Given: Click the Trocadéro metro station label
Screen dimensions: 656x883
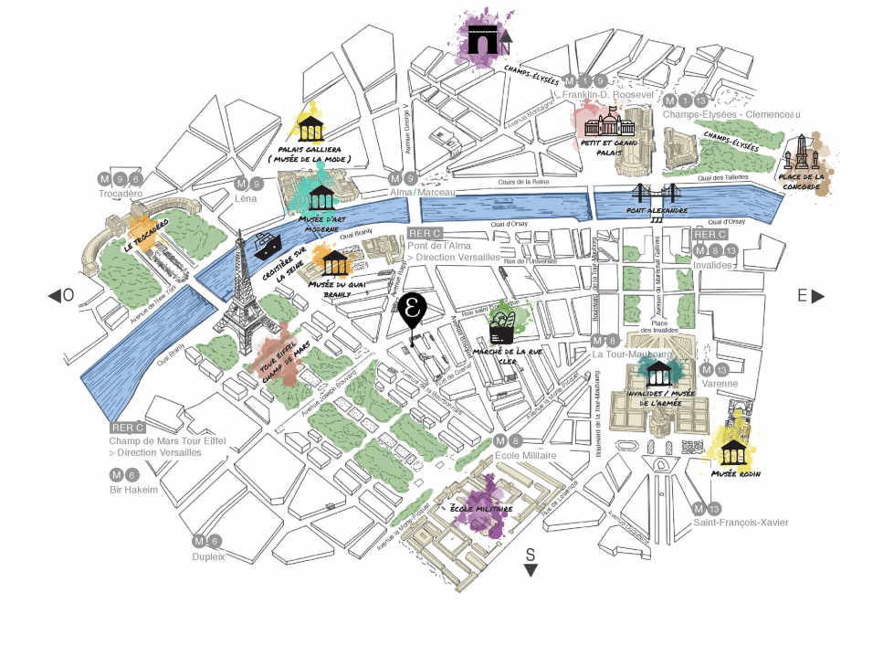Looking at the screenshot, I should coord(121,194).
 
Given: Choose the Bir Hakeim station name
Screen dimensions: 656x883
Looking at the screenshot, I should coord(133,490).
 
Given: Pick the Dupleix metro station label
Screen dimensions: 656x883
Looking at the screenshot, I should coord(208,555).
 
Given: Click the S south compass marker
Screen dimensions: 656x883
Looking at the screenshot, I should coord(531,562).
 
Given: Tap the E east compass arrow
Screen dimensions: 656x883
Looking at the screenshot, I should coord(809,295).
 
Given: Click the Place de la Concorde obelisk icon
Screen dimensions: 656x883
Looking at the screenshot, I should coord(801,153).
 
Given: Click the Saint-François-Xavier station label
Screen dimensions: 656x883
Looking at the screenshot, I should coord(740,523).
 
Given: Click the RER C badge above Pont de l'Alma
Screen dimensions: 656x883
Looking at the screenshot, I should coord(426,233).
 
